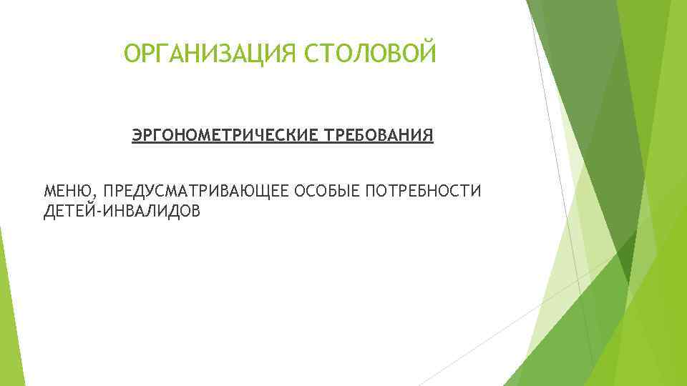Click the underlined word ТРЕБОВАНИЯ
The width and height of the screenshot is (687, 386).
379,136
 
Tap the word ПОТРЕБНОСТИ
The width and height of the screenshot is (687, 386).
424,192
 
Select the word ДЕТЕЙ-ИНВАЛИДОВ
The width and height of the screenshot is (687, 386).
122,212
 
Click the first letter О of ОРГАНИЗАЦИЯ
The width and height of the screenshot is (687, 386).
132,54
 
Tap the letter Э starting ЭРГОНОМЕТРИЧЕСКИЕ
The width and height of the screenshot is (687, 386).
137,136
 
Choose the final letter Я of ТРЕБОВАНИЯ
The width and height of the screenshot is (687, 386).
428,136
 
